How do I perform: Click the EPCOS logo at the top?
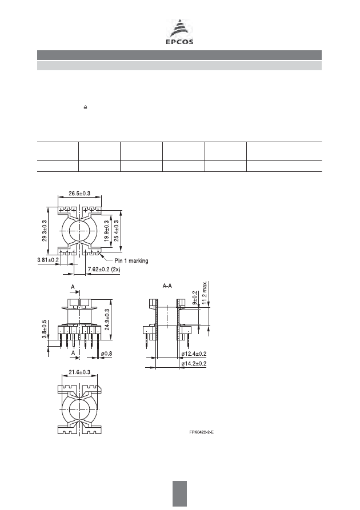[179, 31]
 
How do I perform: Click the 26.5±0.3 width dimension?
[79, 194]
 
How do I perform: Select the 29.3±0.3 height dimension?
[44, 231]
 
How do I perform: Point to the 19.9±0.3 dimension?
[106, 231]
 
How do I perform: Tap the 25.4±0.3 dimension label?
[116, 231]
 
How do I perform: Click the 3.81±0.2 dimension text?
[48, 260]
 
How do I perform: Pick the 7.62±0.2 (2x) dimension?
[104, 270]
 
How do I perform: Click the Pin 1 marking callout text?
[131, 261]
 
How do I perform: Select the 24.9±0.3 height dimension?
[107, 319]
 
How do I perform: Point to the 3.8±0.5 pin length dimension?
[44, 329]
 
